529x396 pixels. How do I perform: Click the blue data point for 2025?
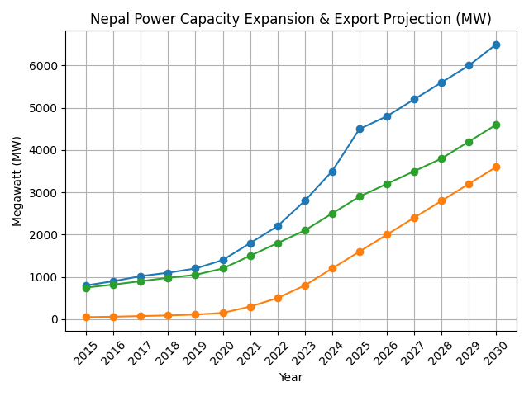pyautogui.click(x=360, y=129)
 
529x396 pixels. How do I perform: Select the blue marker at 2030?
pyautogui.click(x=496, y=45)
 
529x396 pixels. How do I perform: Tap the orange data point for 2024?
pyautogui.click(x=332, y=268)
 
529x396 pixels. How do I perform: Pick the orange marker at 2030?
pyautogui.click(x=496, y=167)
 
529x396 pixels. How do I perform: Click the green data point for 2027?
pyautogui.click(x=414, y=172)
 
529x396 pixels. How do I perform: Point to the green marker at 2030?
pyautogui.click(x=496, y=125)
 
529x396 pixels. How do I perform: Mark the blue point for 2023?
pyautogui.click(x=305, y=200)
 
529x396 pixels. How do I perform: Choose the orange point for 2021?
pyautogui.click(x=250, y=307)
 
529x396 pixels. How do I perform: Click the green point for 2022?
pyautogui.click(x=278, y=243)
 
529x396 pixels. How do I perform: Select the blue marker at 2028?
pyautogui.click(x=441, y=82)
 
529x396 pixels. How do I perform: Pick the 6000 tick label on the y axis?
pyautogui.click(x=45, y=66)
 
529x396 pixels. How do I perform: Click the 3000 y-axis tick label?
pyautogui.click(x=45, y=192)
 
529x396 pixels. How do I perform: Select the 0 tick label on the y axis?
pyautogui.click(x=55, y=319)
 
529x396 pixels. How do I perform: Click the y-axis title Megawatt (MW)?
pyautogui.click(x=17, y=181)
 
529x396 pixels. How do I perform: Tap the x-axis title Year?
pyautogui.click(x=290, y=378)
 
